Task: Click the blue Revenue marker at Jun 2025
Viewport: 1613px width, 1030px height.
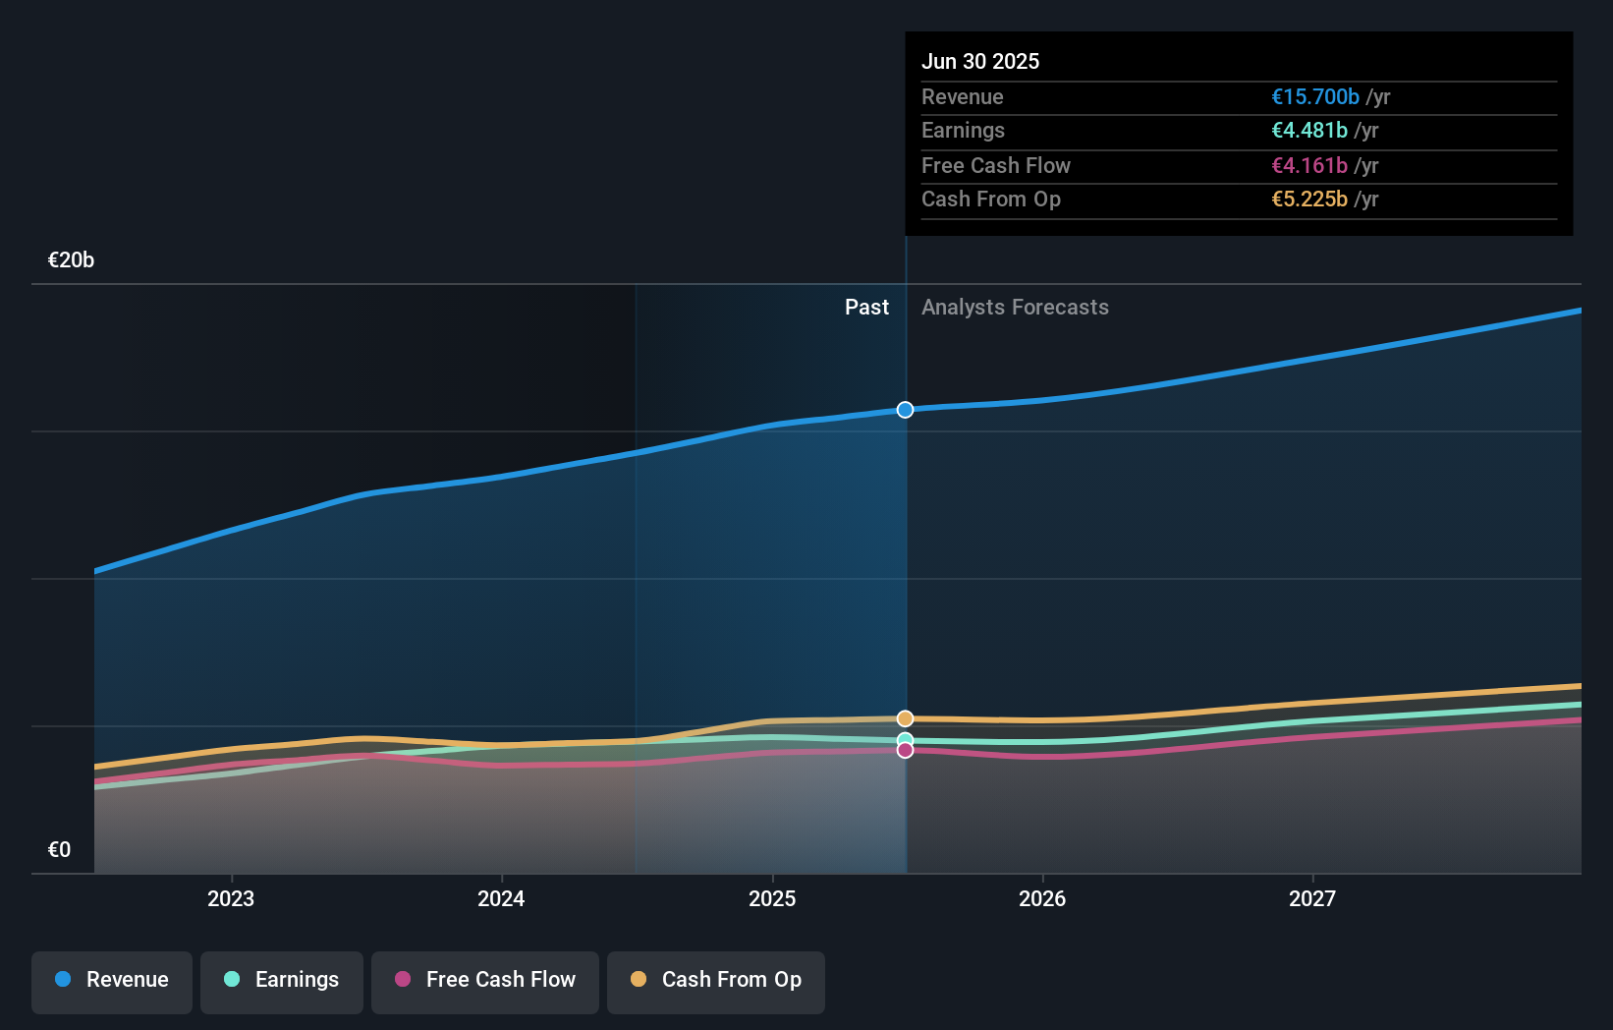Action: click(x=905, y=410)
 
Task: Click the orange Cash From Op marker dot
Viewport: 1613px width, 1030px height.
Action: click(x=905, y=718)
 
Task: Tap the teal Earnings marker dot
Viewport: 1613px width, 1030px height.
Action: click(x=905, y=740)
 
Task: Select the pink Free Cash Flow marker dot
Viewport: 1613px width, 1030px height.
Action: click(x=905, y=751)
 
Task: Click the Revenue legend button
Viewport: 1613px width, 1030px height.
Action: click(x=112, y=980)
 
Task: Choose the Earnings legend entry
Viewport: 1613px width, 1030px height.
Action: click(x=282, y=980)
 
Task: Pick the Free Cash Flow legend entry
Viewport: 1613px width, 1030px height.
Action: click(x=485, y=980)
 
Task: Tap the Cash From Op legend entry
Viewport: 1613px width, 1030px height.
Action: click(x=716, y=980)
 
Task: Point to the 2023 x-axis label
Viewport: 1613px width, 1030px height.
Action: click(x=231, y=898)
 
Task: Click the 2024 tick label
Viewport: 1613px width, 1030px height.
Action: click(x=501, y=898)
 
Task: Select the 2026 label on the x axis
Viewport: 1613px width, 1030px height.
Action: click(x=1042, y=898)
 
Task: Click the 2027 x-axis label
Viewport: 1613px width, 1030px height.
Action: click(x=1312, y=898)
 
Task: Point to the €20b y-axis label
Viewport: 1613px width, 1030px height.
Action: click(x=71, y=260)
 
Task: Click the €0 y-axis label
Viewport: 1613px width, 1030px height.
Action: click(x=59, y=850)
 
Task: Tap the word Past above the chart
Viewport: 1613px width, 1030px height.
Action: click(x=866, y=308)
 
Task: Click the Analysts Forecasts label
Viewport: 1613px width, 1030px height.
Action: click(x=1015, y=308)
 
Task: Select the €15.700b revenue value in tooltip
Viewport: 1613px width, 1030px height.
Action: click(x=1315, y=97)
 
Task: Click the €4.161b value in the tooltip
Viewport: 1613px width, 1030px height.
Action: click(x=1309, y=166)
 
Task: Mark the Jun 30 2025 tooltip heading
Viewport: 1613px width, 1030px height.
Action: click(x=980, y=62)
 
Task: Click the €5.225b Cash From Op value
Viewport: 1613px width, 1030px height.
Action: click(x=1309, y=200)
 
